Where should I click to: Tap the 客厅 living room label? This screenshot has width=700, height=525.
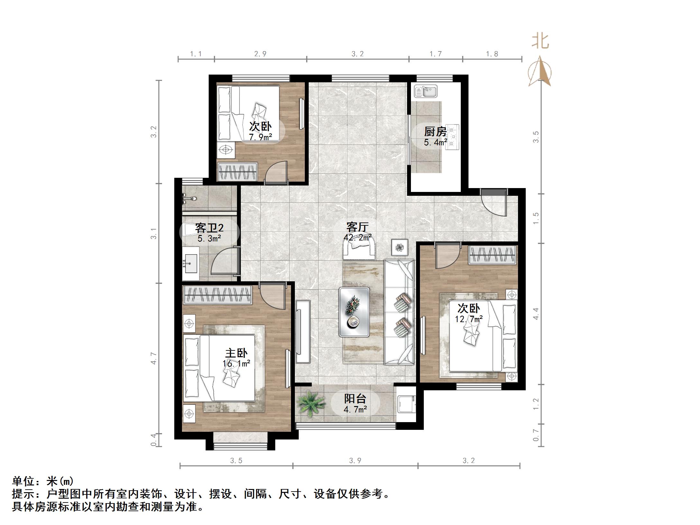pos(357,227)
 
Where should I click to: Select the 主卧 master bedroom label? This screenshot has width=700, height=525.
pos(236,353)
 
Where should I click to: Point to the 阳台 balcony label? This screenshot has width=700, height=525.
pos(355,399)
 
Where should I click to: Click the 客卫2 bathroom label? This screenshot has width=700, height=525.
pos(209,228)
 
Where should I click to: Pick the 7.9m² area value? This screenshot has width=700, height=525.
pos(260,137)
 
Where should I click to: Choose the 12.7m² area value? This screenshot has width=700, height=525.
pos(468,319)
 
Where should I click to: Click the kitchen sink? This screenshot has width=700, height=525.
pos(425,91)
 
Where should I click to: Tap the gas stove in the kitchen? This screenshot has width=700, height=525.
pos(452,137)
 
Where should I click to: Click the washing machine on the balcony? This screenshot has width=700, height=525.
pos(406,404)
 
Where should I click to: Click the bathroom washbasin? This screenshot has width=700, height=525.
pos(191,263)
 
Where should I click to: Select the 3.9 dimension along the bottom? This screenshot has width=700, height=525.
pos(355,461)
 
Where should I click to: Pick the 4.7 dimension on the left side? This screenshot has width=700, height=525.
pos(154,358)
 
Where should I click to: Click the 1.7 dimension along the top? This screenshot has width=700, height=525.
pos(436,54)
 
